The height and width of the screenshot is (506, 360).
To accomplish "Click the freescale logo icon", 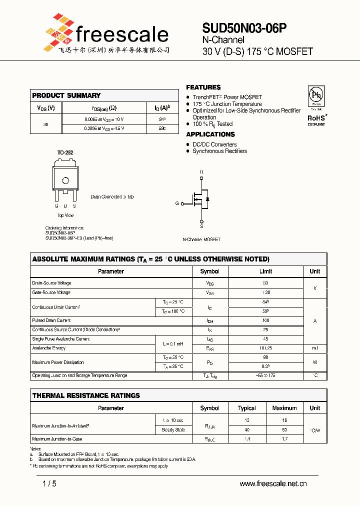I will pos(57,32).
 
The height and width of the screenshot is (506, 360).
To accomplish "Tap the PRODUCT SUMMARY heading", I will pos(66,95).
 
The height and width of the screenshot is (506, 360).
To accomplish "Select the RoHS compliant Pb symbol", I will pos(316,95).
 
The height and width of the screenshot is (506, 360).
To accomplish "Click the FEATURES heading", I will pos(203,87).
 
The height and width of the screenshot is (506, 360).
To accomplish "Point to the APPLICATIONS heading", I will pos(210,134).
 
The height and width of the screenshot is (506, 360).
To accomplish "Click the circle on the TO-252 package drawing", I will pos(65,180).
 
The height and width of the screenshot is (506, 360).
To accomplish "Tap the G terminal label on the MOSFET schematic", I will pos(177,203).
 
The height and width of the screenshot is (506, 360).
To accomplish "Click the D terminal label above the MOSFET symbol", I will pos(201,172).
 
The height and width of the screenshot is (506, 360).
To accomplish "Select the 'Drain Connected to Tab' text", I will pos(112,197).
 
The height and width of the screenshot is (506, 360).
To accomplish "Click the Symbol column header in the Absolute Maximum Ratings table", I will pos(209,271).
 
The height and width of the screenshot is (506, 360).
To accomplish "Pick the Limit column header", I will pos(265,271).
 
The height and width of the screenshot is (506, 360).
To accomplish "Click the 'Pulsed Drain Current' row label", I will pos(51,320).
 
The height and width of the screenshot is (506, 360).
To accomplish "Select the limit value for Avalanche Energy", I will pos(265,348).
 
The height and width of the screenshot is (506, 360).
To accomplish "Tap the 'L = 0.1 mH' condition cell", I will pos(173,344).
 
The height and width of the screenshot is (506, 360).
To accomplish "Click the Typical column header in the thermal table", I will pos(247,408).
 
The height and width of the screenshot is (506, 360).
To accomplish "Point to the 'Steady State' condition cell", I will pos(173,430).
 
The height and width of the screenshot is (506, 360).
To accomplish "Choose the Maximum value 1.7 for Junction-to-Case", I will pos(284,439).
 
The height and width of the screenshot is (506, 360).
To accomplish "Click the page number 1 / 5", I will pos(49,483).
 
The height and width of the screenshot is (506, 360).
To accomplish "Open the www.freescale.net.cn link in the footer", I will pos(273,483).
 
